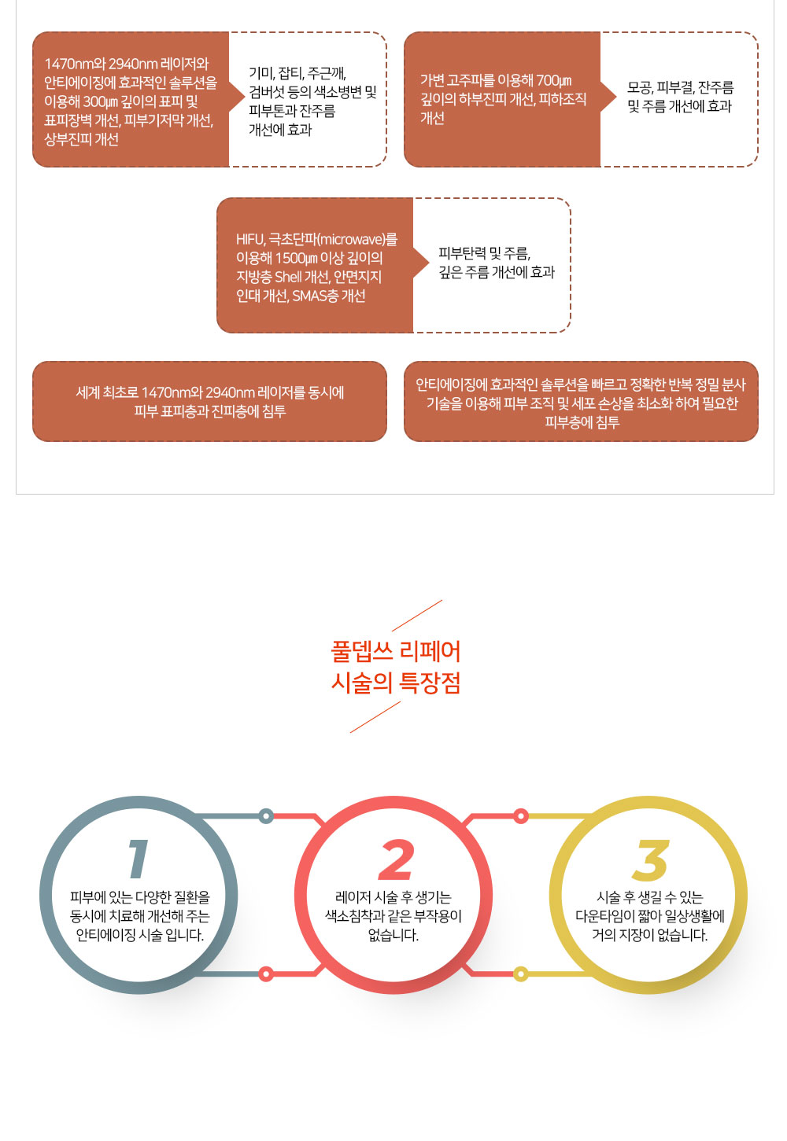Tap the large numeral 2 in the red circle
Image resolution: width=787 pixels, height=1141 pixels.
395,859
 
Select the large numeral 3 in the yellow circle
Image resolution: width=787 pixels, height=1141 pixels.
650,859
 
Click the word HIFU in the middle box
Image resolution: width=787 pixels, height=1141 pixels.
250,239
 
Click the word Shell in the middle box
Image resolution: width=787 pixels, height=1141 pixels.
288,277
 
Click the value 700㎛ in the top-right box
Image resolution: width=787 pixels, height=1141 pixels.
554,80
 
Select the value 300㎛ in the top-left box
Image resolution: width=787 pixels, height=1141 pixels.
101,102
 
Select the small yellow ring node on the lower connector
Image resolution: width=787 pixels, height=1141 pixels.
520,974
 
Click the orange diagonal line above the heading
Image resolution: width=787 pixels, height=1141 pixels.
417,616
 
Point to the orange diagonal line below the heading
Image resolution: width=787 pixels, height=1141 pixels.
375,716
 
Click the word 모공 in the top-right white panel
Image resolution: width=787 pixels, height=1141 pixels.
640,87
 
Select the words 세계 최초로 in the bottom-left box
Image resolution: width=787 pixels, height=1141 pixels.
107,392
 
